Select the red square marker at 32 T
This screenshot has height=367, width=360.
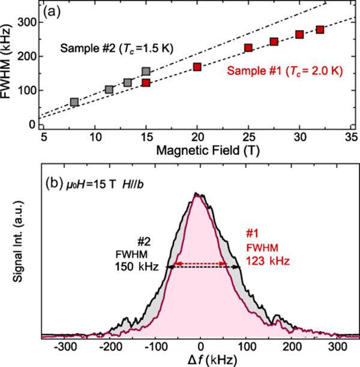320,29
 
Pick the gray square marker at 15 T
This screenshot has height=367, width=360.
146,71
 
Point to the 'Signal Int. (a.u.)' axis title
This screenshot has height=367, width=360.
10,252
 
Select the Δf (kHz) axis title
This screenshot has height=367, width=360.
197,359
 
